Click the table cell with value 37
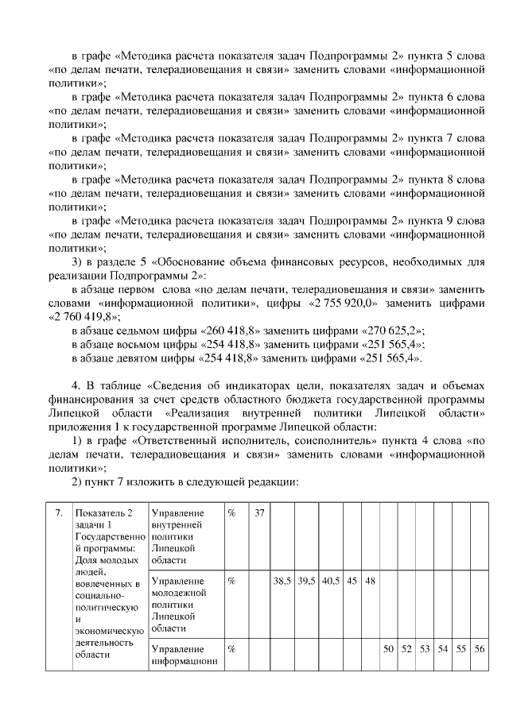[259, 513]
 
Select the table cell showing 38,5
[282, 581]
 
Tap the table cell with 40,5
[331, 581]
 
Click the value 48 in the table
[370, 581]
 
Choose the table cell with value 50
[388, 649]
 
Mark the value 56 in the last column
[479, 649]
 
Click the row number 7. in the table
[59, 513]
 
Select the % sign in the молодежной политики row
[232, 581]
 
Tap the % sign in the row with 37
[232, 513]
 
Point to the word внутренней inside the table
[177, 525]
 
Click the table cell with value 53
[425, 649]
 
